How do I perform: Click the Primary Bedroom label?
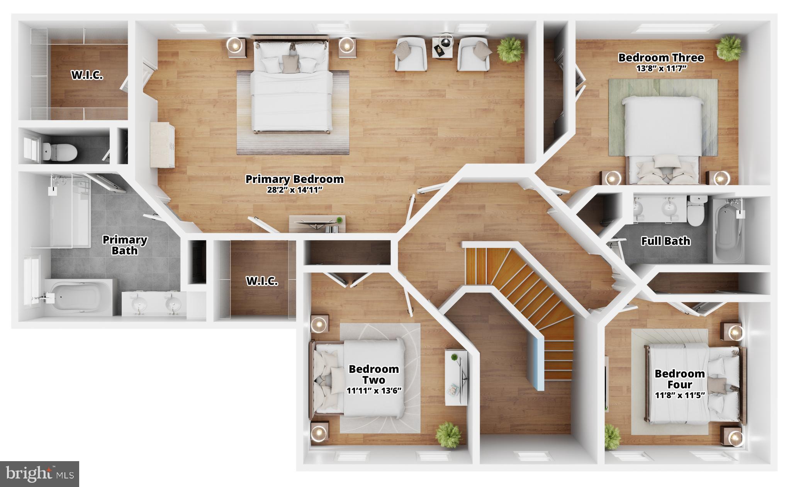[294, 179]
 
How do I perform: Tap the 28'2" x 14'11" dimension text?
[294, 190]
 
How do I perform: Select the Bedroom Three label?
[661, 58]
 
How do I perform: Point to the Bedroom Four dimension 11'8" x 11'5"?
[680, 395]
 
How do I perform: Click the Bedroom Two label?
[373, 374]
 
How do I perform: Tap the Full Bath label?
[665, 241]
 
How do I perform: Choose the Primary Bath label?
[124, 245]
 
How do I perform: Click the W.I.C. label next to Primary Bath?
[262, 281]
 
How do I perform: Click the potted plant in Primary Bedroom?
[510, 49]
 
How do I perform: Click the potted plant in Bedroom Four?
[611, 436]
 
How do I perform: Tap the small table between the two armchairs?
[442, 47]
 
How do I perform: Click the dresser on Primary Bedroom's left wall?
[162, 145]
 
